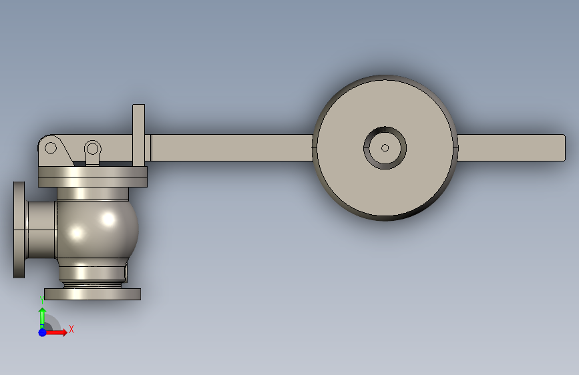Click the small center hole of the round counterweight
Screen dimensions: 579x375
(x=385, y=148)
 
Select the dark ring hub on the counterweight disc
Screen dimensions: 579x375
(x=385, y=129)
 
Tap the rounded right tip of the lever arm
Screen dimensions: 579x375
(x=564, y=147)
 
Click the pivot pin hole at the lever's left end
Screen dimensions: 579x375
(x=51, y=148)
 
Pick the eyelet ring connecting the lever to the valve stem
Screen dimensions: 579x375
(x=92, y=141)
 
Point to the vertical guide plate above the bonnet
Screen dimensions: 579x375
(x=138, y=135)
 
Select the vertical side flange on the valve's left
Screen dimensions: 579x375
(x=19, y=230)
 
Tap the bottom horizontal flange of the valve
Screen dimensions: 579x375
(x=92, y=294)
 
